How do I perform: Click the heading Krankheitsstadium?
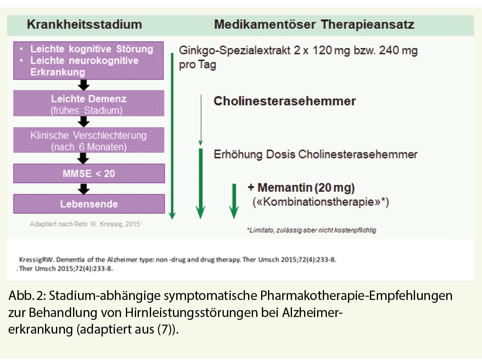click(x=84, y=24)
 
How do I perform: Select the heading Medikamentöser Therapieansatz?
click(x=314, y=24)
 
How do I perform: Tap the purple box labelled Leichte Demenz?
click(x=89, y=104)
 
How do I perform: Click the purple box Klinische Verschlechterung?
click(x=89, y=140)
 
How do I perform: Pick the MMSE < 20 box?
click(x=89, y=174)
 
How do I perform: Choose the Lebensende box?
click(x=89, y=204)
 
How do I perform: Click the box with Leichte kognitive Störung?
click(x=89, y=60)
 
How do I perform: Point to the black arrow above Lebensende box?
click(x=84, y=188)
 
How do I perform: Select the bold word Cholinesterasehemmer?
click(x=285, y=101)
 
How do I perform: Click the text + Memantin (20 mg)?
click(x=301, y=188)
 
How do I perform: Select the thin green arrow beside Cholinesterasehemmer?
click(x=200, y=120)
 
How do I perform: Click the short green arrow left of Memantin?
click(x=233, y=201)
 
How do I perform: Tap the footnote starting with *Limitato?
click(x=311, y=230)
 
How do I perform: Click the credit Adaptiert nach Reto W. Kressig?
click(x=85, y=224)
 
